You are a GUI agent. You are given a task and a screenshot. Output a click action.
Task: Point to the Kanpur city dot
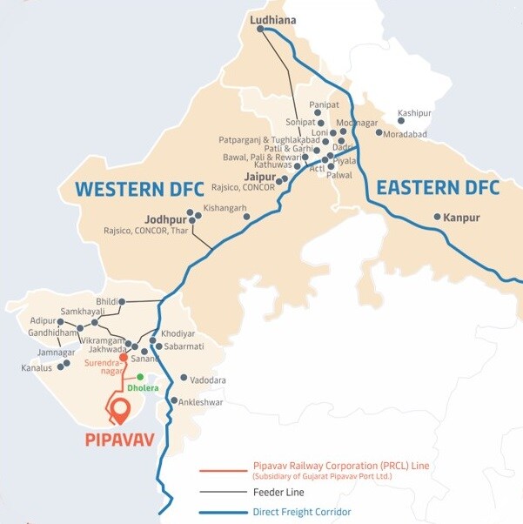pos(437,217)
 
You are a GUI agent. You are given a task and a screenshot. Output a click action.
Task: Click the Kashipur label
pos(413,113)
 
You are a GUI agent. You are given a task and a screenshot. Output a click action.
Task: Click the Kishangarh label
pos(225,208)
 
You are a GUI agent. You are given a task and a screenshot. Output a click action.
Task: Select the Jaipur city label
pos(260,177)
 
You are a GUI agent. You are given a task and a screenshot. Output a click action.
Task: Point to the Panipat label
pos(324,104)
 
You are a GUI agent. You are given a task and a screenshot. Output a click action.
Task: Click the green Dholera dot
pos(140,377)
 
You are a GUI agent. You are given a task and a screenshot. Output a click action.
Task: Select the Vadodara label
pos(207,380)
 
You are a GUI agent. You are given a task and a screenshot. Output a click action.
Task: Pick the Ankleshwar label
pos(200,402)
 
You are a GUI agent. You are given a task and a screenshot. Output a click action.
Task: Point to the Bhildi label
pos(106,301)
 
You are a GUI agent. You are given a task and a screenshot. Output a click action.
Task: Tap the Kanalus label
pos(37,368)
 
